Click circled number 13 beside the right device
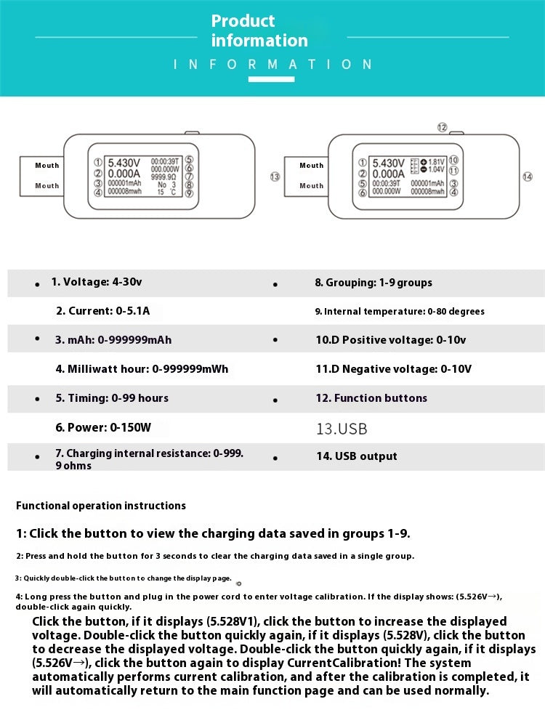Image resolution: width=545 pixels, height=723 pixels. (274, 177)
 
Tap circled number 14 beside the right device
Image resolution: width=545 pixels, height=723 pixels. (528, 177)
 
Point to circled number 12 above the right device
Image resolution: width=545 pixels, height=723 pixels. (442, 127)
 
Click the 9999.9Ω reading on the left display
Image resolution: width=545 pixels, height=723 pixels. (164, 176)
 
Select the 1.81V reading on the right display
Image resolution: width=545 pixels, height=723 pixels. (436, 162)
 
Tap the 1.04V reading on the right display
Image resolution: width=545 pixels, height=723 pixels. (436, 169)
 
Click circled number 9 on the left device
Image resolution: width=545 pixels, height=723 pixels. (188, 193)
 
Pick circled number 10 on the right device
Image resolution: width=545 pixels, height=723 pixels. (453, 160)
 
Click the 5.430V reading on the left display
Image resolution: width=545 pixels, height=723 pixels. (124, 163)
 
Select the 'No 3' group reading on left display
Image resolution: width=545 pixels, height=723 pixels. (166, 185)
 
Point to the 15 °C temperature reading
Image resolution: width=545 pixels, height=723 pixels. (166, 193)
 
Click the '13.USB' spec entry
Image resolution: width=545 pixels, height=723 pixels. (342, 429)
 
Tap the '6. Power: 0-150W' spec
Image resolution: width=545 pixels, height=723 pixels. (103, 427)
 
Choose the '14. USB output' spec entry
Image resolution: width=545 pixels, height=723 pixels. (355, 456)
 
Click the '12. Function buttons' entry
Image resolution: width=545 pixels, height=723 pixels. (371, 398)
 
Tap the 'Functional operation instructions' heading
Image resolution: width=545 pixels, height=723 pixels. (101, 506)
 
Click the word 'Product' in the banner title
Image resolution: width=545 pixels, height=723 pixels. (243, 21)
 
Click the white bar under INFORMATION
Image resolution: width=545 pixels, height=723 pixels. (271, 78)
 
